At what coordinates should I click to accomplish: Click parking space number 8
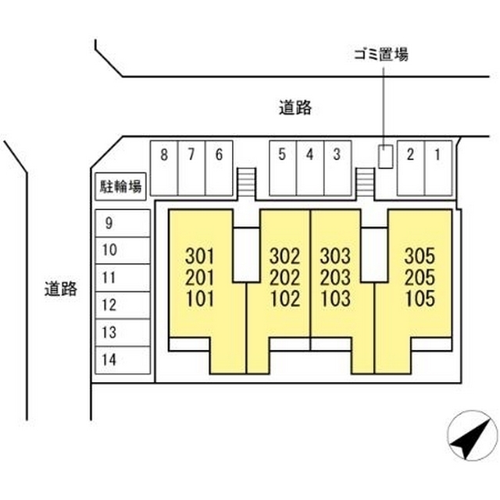coord(163,166)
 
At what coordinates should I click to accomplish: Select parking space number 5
coord(282,166)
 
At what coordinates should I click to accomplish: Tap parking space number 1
coord(437,166)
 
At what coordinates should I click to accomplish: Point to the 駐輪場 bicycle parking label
coord(120,186)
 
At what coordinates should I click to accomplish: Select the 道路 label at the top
coord(295,109)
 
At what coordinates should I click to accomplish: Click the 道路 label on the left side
coord(60,289)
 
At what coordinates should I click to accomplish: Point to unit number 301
coord(200,255)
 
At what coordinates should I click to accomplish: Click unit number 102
coord(284,298)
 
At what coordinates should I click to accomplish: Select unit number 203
coord(335,277)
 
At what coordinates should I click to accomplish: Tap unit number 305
coord(419,255)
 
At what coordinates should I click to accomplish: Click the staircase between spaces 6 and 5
coord(246,183)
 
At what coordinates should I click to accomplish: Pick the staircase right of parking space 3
coord(365,183)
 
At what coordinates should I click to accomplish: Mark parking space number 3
coord(337,166)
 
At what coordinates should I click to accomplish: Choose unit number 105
coord(419,298)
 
